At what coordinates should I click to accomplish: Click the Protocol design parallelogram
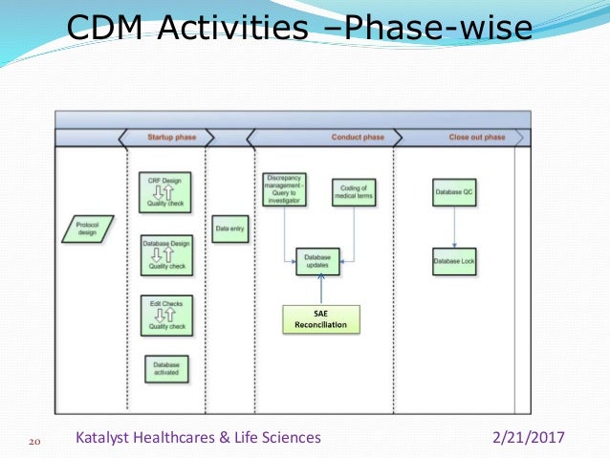[x=87, y=229]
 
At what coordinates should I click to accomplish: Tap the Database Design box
[x=165, y=253]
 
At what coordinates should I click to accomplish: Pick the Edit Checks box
[x=165, y=315]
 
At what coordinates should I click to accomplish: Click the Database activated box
[x=165, y=367]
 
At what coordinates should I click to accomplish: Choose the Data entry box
[x=229, y=229]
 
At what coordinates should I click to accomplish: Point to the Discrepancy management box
[x=284, y=189]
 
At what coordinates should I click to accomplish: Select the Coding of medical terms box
[x=354, y=191]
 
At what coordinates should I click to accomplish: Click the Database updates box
[x=317, y=260]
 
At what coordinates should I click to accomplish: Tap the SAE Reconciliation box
[x=320, y=319]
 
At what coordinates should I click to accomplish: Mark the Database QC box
[x=454, y=191]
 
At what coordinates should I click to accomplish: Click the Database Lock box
[x=454, y=261]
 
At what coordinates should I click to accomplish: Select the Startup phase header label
[x=171, y=138]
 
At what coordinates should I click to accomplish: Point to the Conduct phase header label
[x=358, y=138]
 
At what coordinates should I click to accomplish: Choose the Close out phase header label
[x=476, y=138]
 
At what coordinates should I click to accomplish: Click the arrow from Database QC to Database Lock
[x=454, y=226]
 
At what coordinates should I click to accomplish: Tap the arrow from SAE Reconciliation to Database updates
[x=321, y=290]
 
